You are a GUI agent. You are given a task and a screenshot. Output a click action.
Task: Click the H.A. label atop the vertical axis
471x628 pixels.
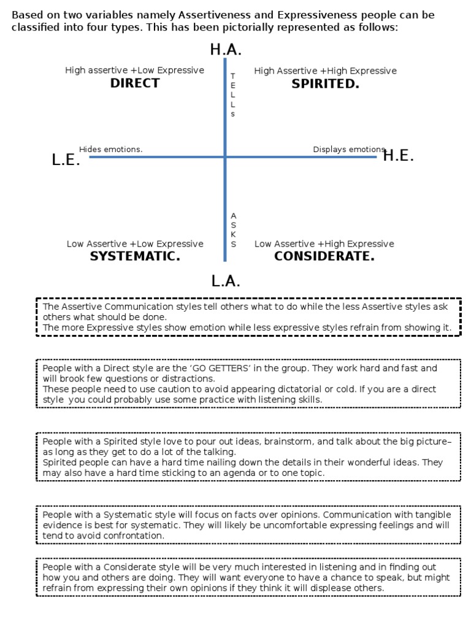tap(226, 50)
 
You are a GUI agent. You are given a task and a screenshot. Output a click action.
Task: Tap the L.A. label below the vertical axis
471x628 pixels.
tap(226, 281)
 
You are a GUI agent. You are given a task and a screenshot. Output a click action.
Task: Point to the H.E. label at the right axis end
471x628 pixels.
tap(399, 156)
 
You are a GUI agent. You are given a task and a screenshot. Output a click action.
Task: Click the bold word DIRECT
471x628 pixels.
tap(135, 84)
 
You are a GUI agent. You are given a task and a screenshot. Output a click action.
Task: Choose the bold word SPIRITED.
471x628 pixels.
tap(325, 84)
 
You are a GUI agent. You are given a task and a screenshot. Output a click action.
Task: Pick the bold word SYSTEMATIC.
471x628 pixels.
tap(135, 256)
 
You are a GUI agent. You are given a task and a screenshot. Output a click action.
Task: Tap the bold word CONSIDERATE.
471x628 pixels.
tap(324, 256)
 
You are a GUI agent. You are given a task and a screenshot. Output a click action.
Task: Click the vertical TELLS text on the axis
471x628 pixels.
tap(233, 94)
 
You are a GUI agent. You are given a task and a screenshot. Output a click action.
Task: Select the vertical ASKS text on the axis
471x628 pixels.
tap(233, 230)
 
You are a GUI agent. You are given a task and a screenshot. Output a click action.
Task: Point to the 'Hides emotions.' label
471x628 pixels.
tap(111, 149)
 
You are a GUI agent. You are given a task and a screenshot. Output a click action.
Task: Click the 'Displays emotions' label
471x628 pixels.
tap(349, 149)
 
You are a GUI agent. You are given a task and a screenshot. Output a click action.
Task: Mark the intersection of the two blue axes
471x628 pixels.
tap(226, 157)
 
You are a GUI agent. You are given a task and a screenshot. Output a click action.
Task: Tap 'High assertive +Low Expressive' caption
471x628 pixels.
tap(135, 71)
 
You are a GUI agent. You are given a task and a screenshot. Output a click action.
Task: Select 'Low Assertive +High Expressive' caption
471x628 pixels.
tap(324, 243)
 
